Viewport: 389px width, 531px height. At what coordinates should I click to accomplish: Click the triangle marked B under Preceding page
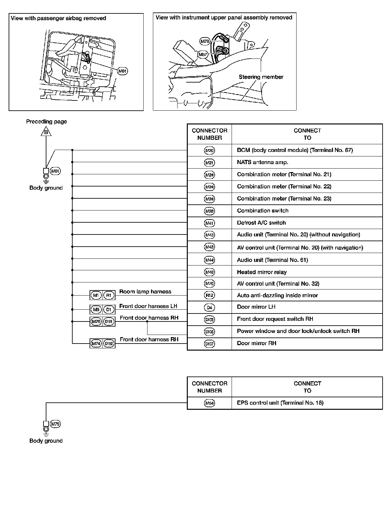coord(46,132)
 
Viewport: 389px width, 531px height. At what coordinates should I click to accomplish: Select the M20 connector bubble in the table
coord(209,150)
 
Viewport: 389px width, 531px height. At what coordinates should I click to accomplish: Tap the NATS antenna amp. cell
coord(262,162)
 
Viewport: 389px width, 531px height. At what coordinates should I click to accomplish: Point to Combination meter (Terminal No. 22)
coord(284,186)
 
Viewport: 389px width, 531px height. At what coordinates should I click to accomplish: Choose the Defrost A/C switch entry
coord(261,223)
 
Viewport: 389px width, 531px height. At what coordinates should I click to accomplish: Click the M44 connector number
coord(209,260)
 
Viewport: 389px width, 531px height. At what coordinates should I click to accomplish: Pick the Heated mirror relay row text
coord(261,272)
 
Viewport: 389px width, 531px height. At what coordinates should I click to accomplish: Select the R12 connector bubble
coord(209,296)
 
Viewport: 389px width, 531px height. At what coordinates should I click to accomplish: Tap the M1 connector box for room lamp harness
coord(96,295)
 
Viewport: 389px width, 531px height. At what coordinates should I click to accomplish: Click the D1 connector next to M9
coord(109,309)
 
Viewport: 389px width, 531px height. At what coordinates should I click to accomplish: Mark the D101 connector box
coord(109,321)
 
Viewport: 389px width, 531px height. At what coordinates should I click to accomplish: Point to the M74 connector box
coord(96,344)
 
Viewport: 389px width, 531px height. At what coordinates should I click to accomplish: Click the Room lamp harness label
coord(145,292)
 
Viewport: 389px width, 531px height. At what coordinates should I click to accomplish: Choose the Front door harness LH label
coord(148,306)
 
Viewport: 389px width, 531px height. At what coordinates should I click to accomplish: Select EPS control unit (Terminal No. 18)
coord(280,403)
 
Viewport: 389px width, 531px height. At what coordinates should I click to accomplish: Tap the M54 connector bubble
coord(209,403)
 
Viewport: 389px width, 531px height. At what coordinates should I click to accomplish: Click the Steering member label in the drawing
coord(261,77)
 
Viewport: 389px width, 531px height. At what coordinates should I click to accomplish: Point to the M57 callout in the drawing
coord(203,55)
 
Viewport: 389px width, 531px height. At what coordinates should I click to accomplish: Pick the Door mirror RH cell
coord(256,343)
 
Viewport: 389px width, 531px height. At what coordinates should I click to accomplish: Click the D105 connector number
coord(209,332)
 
